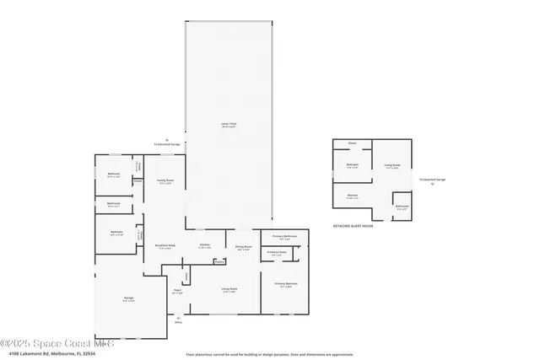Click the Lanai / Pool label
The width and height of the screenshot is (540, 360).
[x=228, y=124]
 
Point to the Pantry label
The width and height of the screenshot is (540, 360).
[x=219, y=261]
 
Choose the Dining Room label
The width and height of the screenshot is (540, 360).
[x=243, y=248]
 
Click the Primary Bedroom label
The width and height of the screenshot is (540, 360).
[x=284, y=284]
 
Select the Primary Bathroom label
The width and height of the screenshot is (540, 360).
[x=285, y=237]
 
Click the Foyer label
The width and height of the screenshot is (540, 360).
[x=177, y=291]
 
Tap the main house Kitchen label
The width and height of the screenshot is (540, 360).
[x=205, y=246]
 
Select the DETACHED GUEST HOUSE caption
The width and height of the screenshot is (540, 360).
[x=353, y=226]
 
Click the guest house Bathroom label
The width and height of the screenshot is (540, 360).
[x=402, y=206]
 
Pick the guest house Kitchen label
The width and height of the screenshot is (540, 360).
[x=353, y=196]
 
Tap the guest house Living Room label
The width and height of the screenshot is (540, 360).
[x=392, y=165]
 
